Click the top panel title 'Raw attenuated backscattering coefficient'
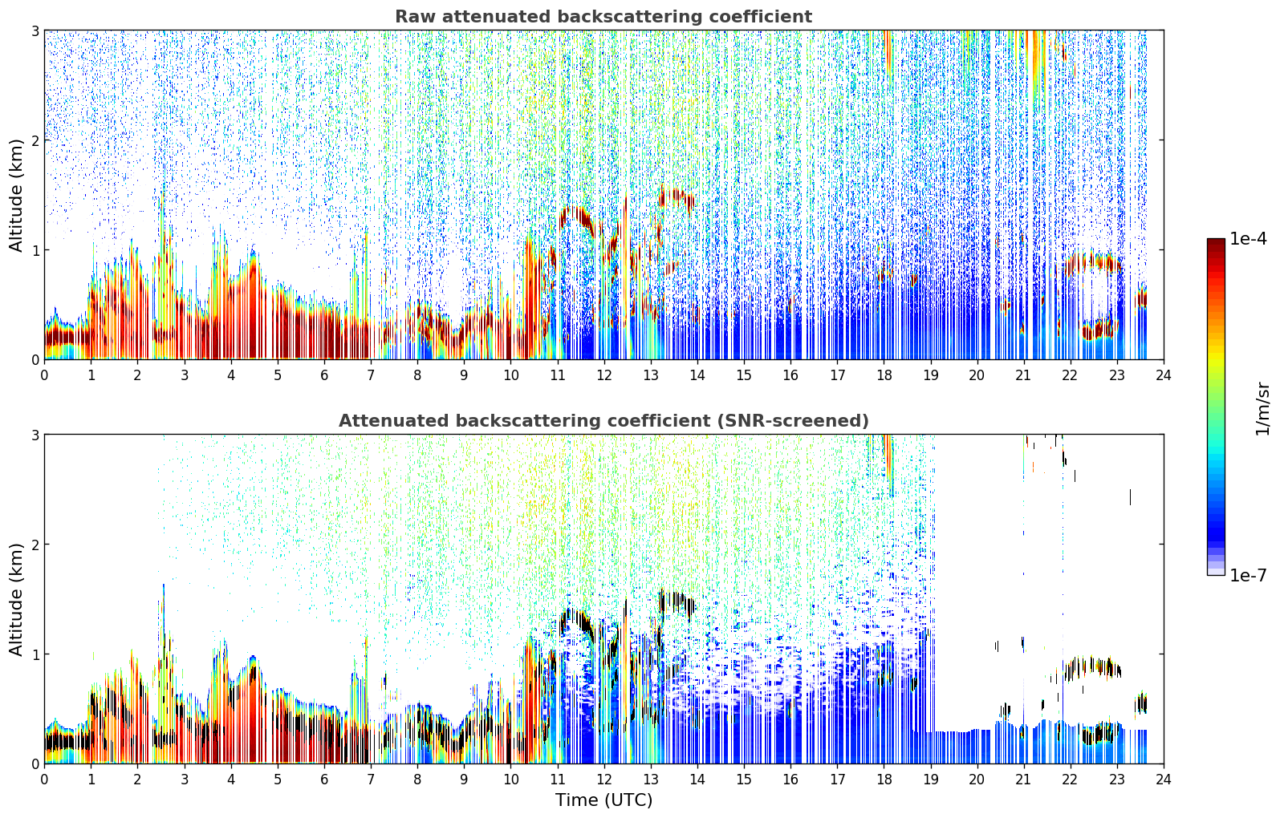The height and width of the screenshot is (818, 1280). [603, 17]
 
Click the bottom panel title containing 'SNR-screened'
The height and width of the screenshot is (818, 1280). [603, 421]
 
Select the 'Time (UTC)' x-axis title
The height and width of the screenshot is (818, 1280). [603, 800]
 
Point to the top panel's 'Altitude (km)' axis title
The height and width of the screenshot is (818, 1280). [16, 195]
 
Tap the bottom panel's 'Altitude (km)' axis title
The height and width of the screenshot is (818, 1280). [16, 599]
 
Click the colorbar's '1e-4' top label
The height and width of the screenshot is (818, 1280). [1248, 239]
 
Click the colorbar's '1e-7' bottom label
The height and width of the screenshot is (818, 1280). [1248, 575]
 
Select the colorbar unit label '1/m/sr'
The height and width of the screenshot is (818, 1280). [1262, 409]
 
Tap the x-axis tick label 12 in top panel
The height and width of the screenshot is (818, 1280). [604, 375]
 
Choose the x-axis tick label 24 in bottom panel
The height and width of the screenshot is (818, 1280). [1164, 780]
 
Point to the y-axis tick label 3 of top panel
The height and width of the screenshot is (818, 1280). [35, 30]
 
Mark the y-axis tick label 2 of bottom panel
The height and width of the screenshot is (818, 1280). [35, 545]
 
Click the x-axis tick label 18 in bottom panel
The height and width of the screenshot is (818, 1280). [884, 780]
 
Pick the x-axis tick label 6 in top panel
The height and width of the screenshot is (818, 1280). [324, 375]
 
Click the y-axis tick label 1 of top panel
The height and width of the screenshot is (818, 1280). [35, 249]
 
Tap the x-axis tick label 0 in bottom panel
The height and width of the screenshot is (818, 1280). [45, 780]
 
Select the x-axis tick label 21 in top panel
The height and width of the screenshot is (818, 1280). [1023, 375]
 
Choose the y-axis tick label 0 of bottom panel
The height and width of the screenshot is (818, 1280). [35, 763]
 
